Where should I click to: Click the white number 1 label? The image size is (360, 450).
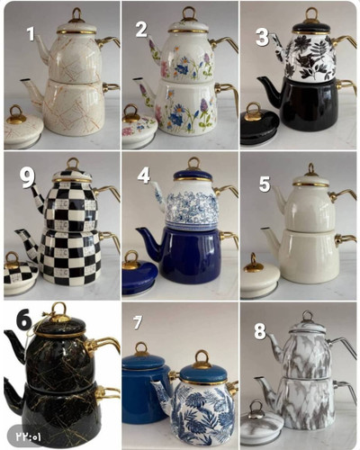point(31,33)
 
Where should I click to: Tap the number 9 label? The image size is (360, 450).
point(27,177)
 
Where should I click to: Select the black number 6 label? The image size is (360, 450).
point(24,321)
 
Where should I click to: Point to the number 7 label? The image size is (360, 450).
point(138,323)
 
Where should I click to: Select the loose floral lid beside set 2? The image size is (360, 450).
point(139,128)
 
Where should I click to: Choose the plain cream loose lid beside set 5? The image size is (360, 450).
point(260,277)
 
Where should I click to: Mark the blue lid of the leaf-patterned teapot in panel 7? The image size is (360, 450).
point(203,370)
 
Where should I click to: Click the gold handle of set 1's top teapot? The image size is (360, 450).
point(108,42)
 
